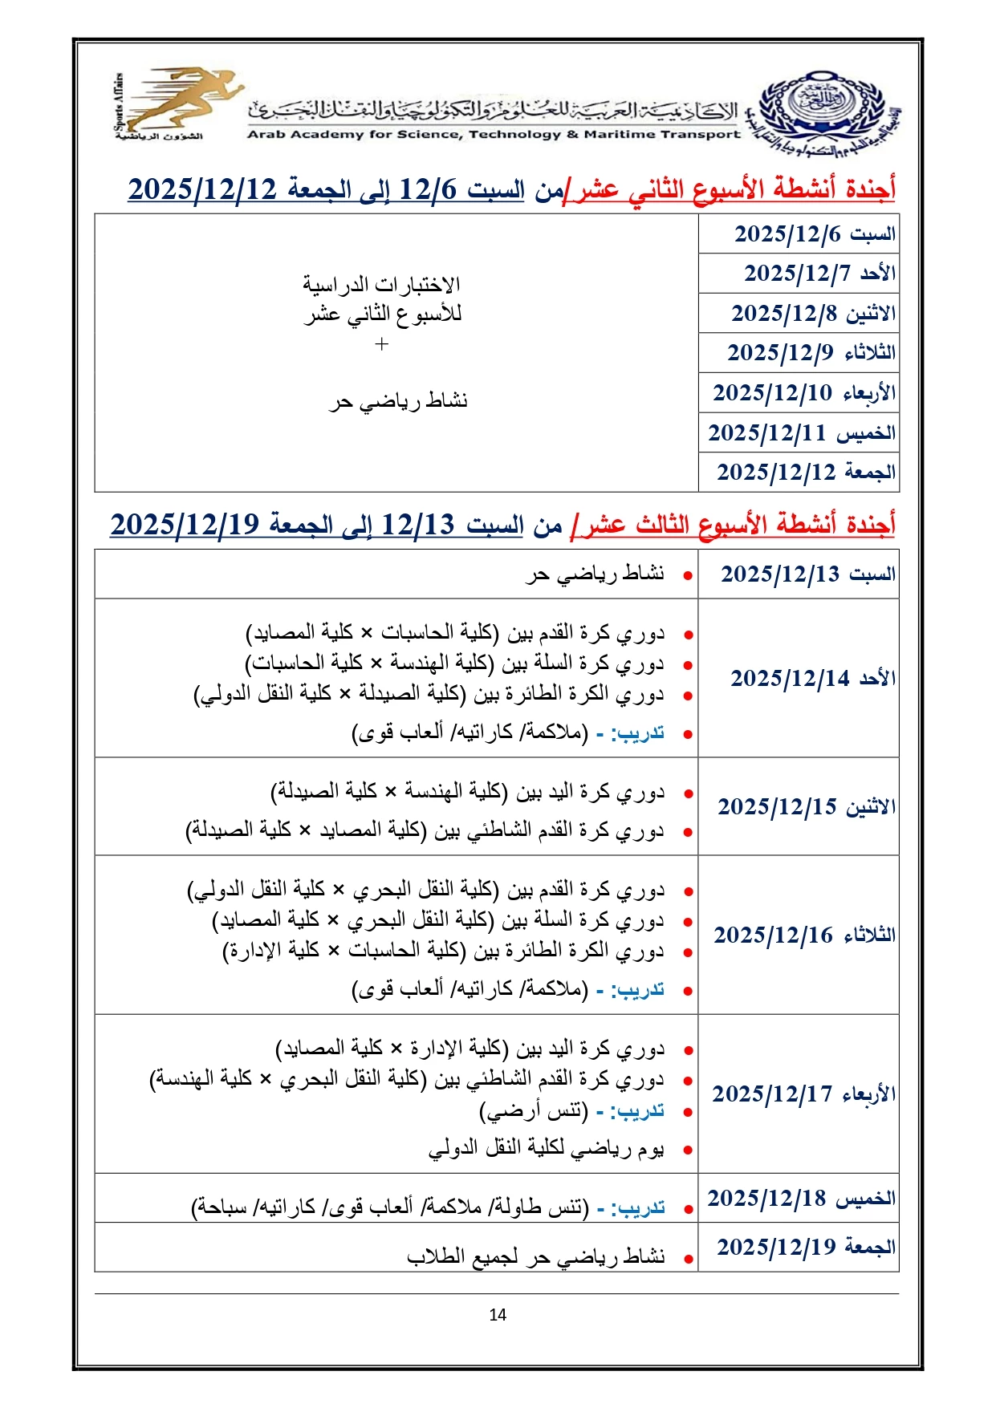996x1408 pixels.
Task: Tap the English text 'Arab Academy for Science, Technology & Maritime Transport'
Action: (x=494, y=135)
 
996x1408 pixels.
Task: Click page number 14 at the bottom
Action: (x=498, y=1314)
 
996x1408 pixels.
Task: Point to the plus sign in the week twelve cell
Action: (x=382, y=344)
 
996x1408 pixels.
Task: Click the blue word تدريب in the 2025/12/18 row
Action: (x=640, y=1207)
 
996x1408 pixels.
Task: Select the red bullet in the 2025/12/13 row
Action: (x=688, y=576)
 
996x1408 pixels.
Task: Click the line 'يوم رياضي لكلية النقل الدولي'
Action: (x=546, y=1149)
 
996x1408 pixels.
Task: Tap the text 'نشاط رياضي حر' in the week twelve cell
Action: (x=398, y=400)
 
